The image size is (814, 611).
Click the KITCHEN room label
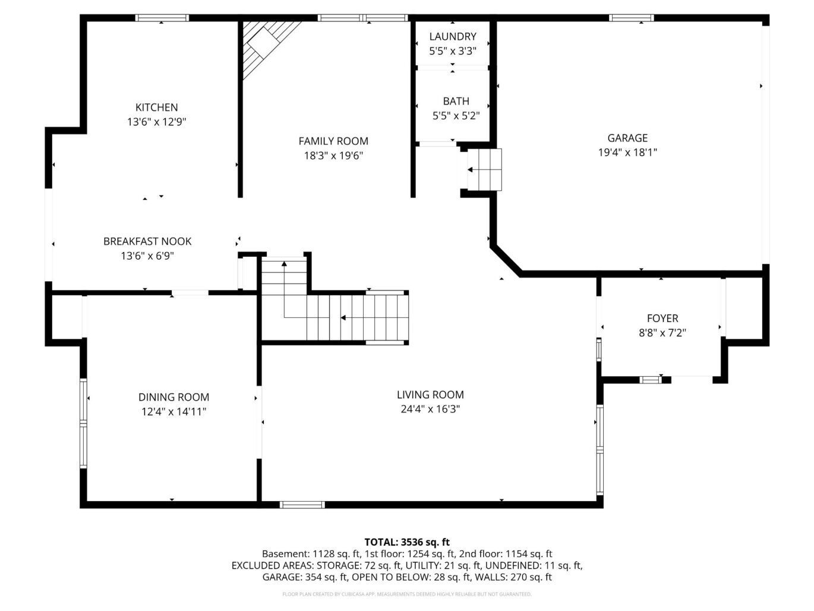[156, 108]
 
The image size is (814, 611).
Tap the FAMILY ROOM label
[333, 141]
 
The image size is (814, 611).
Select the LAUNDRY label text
[453, 37]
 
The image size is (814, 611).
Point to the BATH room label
[456, 101]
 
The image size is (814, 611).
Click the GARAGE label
[627, 138]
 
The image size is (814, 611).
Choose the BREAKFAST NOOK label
[147, 241]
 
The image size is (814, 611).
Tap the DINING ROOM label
[173, 397]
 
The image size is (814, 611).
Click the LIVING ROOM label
[430, 395]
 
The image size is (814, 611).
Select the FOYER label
[662, 319]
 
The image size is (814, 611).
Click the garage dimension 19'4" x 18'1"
[627, 153]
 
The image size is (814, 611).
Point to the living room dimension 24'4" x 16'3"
[430, 410]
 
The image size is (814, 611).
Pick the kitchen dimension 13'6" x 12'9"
[156, 122]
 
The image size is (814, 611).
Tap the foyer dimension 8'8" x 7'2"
[662, 333]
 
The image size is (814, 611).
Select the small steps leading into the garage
[485, 169]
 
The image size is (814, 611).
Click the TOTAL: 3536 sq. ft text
[406, 542]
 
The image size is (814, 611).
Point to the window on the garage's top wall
[631, 18]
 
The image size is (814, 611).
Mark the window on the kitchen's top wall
[162, 18]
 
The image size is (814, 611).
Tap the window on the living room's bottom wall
[302, 505]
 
